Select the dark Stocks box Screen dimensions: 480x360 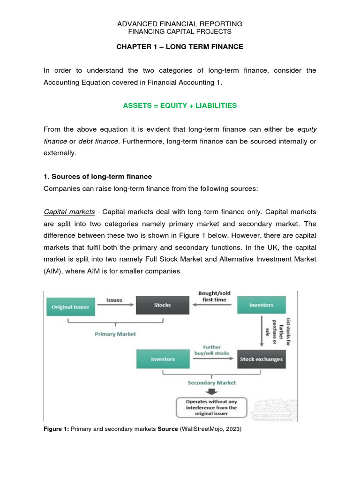click(162, 305)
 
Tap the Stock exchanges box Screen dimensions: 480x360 click(261, 359)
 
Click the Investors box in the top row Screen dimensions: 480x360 click(261, 305)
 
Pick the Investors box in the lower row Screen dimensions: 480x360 click(162, 359)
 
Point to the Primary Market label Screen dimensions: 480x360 click(115, 334)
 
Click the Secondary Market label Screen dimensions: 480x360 click(212, 382)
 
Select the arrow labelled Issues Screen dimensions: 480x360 click(115, 305)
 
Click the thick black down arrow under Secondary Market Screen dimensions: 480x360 click(212, 392)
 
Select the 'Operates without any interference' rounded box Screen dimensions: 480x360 click(211, 407)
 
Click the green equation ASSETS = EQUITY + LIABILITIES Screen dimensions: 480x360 click(180, 105)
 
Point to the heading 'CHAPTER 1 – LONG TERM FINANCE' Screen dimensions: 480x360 click(180, 46)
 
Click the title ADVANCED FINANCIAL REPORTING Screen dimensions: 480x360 click(180, 23)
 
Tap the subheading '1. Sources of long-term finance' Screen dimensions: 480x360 click(97, 177)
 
